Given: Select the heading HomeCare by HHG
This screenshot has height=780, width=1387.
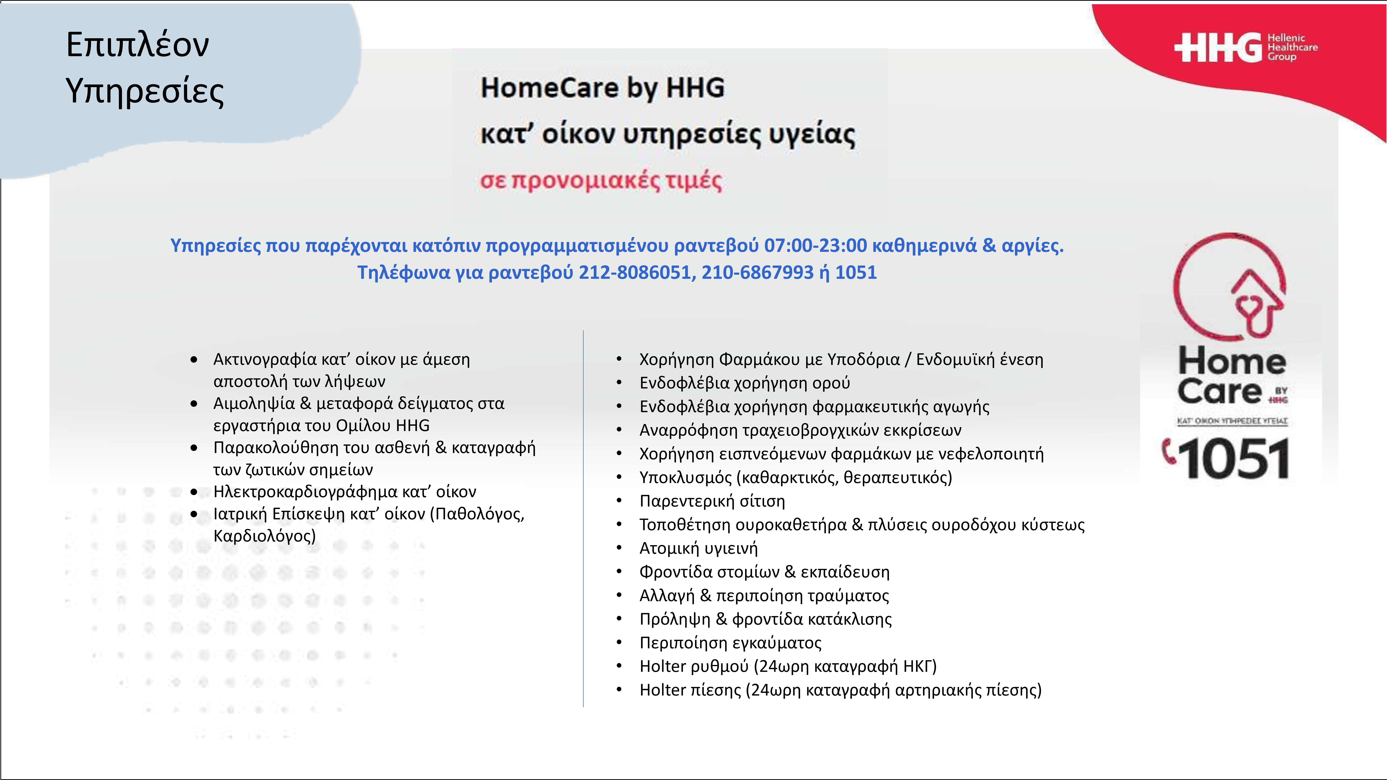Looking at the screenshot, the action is (603, 88).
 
